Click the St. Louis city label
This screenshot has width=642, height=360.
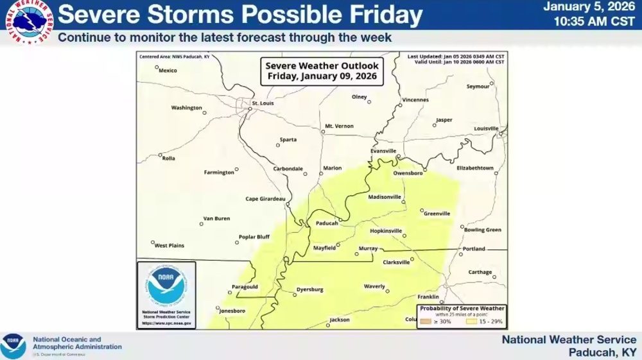point(263,103)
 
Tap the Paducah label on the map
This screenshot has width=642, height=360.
point(327,223)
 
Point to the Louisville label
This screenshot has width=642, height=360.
point(486,128)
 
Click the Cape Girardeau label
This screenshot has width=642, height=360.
point(265,198)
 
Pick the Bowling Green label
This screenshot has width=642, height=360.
point(482,230)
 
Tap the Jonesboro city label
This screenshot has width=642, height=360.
point(232,311)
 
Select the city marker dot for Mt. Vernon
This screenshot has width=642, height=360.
point(322,132)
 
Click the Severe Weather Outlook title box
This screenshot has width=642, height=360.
point(322,71)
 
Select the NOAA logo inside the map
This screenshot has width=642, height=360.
point(166,287)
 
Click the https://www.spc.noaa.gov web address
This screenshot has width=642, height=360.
point(166,323)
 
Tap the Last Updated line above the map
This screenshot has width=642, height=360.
point(455,56)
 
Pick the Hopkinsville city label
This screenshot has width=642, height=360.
point(386,230)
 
